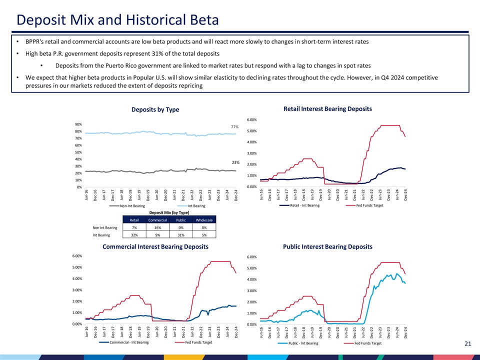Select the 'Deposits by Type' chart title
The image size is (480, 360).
point(155,110)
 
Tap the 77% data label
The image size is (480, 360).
point(234,127)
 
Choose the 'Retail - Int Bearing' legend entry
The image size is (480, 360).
point(304,205)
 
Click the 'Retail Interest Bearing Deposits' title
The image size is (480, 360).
point(327,109)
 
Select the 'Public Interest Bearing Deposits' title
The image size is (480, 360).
point(327,246)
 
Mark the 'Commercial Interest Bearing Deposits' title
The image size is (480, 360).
point(155,246)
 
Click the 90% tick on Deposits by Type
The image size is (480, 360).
point(79,124)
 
